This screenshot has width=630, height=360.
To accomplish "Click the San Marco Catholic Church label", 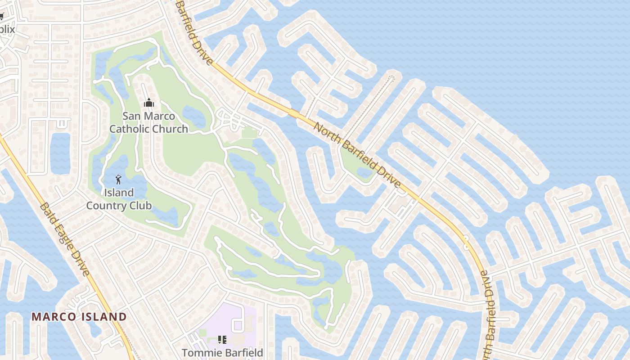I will coord(149,122).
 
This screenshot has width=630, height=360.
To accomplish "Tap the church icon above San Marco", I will coord(149,103).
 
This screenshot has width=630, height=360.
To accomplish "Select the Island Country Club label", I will coord(119,199).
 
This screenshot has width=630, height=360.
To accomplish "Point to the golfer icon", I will coord(118,180).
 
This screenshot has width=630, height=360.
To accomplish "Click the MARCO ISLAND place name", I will coord(79,317).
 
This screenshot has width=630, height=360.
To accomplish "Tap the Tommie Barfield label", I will coord(222,352).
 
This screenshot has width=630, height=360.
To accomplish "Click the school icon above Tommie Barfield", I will coord(222,339).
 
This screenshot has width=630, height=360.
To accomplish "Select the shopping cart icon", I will coord(1,17).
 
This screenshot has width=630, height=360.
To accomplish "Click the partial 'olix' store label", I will coord(7,30).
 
